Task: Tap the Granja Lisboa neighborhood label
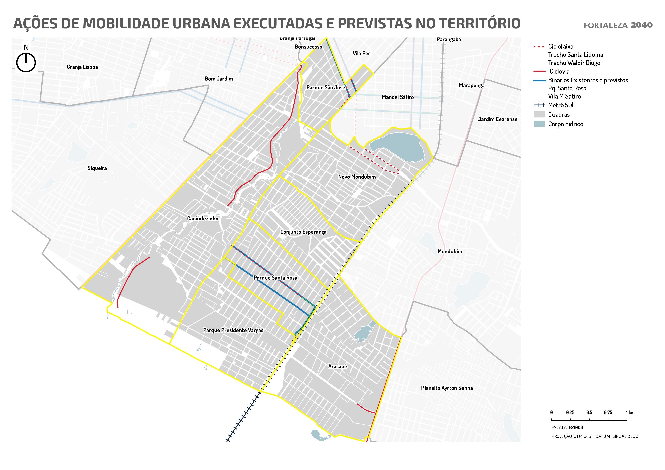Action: point(82,67)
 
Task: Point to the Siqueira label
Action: point(97,168)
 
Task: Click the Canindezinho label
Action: point(202,219)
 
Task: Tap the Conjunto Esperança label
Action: point(303,232)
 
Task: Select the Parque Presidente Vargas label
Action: point(233,330)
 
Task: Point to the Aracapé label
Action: point(337,367)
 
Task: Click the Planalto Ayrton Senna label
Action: point(447,388)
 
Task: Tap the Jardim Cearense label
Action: point(497,119)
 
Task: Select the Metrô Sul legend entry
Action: point(560,105)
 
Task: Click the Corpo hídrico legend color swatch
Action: point(539,124)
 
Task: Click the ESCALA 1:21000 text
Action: point(567,427)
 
